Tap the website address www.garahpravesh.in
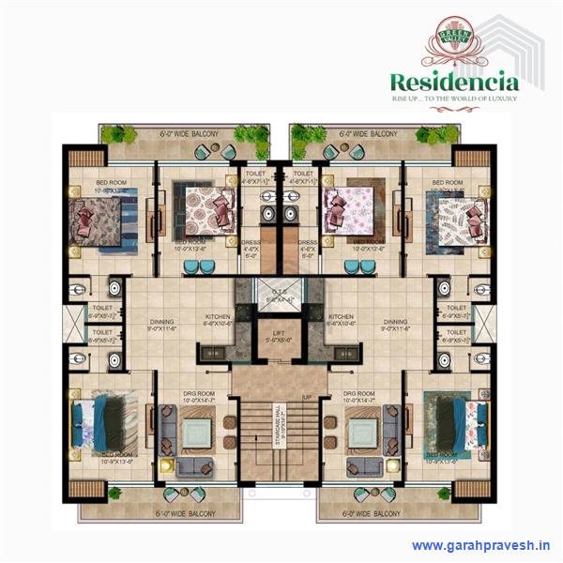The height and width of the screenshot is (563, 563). pos(480,545)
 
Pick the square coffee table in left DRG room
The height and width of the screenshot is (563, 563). pos(198,433)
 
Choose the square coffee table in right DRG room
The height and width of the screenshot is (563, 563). pos(362,433)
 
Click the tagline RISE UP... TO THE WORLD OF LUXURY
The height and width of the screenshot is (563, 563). pos(453,98)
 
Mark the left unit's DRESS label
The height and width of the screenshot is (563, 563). pos(252,245)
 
